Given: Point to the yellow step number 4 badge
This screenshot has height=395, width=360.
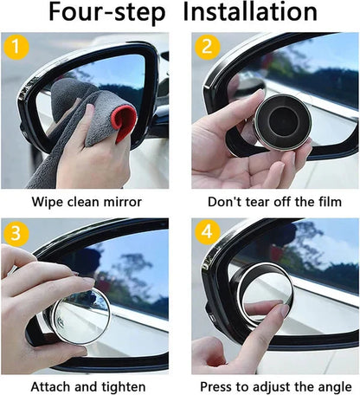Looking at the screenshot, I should [x=205, y=234].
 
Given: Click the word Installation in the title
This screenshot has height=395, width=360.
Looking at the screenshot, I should [x=251, y=14].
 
